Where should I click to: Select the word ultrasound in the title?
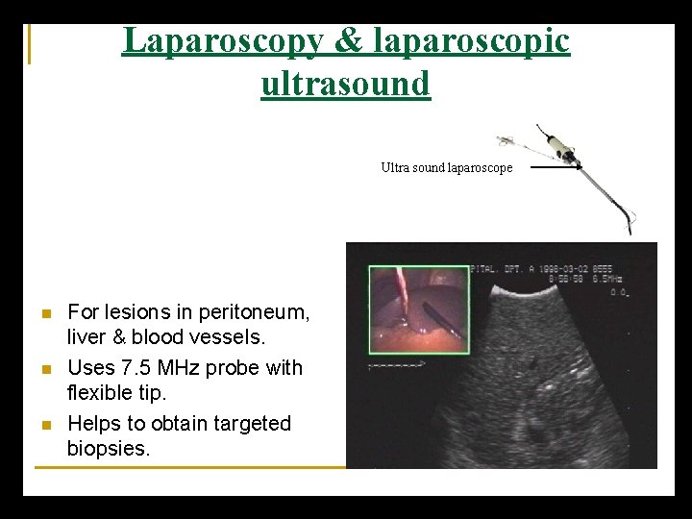[346, 84]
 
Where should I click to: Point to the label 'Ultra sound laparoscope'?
[446, 167]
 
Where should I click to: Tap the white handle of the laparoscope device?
[556, 145]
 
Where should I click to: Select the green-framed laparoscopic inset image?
[418, 309]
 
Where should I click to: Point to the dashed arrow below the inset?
[397, 366]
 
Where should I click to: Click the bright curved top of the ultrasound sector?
[547, 285]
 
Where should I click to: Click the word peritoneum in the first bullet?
[251, 312]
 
